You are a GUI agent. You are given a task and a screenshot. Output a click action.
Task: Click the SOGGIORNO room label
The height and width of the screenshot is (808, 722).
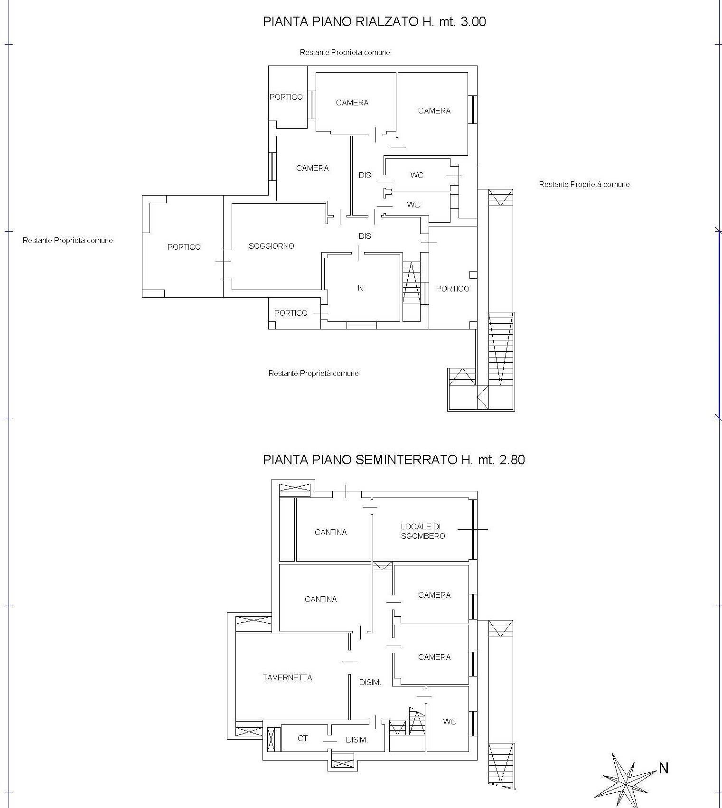[272, 246]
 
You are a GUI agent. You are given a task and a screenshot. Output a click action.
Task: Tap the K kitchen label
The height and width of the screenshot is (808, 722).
[360, 288]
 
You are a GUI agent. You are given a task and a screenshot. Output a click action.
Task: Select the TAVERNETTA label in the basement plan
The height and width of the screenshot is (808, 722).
[287, 677]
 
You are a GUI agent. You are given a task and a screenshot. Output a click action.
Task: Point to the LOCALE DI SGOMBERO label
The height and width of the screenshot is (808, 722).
[423, 531]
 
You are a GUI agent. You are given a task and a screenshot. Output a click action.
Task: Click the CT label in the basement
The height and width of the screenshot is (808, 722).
[302, 738]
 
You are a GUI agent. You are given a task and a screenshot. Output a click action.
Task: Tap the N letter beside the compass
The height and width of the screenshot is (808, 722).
[664, 768]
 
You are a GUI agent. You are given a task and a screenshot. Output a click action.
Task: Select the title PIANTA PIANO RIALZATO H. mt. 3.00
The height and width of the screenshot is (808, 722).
[375, 22]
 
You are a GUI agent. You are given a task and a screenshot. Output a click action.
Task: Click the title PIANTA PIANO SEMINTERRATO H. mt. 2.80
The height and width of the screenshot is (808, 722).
[394, 460]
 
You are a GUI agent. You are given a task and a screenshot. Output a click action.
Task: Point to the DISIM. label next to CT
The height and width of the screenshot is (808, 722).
[357, 740]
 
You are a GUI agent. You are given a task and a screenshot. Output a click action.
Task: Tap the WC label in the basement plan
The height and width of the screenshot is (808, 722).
[450, 722]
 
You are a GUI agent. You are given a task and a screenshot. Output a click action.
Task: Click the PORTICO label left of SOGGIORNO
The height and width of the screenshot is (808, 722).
[184, 247]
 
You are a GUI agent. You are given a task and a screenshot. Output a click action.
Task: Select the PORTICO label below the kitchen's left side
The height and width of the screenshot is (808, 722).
[291, 313]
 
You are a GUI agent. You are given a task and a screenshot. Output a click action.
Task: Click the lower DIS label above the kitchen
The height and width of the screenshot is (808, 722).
[365, 236]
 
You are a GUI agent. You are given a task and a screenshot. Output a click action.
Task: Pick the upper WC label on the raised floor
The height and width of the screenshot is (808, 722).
[417, 175]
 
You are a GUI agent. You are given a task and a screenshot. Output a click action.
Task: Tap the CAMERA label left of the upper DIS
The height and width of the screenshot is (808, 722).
[312, 168]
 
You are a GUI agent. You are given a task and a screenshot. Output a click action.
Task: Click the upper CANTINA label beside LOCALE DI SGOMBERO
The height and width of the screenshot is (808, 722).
[331, 532]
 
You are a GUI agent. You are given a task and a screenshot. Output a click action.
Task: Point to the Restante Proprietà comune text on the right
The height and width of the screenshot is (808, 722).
[584, 184]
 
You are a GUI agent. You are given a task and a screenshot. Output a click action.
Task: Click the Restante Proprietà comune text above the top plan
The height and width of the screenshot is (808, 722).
[345, 52]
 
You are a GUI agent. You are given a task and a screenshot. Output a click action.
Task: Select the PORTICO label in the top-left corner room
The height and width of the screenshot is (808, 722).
[286, 97]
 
